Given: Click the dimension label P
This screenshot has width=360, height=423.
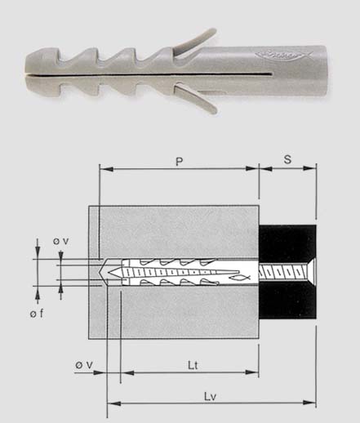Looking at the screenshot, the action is (x=179, y=162).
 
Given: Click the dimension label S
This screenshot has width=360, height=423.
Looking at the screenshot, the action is (x=287, y=159).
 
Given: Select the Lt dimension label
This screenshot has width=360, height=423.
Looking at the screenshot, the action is (x=193, y=365).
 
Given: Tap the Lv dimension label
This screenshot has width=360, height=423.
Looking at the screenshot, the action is (x=210, y=397).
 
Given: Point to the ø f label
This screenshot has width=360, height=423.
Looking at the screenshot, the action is (x=37, y=314).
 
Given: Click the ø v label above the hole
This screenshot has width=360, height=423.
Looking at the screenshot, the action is (x=61, y=241).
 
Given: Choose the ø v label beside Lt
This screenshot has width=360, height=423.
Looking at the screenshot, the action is (x=84, y=365).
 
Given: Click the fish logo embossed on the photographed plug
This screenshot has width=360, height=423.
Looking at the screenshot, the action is (x=283, y=55).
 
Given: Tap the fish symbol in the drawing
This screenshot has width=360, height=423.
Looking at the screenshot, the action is (x=239, y=278).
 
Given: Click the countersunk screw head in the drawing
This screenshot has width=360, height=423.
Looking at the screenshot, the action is (x=312, y=272).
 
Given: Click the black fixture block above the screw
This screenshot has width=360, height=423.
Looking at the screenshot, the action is (x=287, y=242).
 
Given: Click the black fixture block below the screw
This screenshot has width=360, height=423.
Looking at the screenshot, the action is (x=287, y=301).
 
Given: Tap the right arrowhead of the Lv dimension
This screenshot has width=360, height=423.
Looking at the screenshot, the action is (x=309, y=403).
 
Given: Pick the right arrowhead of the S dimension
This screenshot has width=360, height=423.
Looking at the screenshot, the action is (x=309, y=168).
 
